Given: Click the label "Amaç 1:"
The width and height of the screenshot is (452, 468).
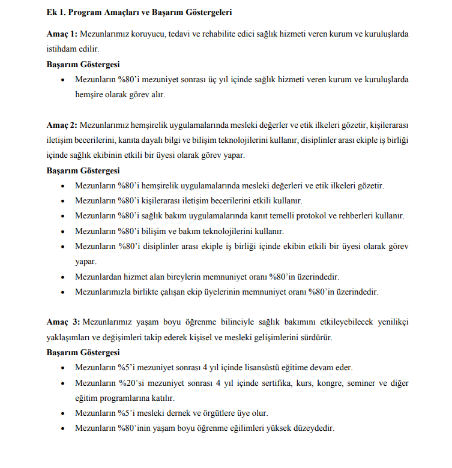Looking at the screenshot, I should (62, 34).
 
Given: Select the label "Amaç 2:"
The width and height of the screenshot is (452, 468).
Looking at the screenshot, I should (62, 125).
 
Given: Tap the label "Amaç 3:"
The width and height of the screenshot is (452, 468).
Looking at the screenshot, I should (62, 322).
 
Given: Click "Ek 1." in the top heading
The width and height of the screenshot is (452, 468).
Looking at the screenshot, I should (56, 11).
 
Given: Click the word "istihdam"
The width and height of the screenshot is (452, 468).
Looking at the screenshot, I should (62, 49).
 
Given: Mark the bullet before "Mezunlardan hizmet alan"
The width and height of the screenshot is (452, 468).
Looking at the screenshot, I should (64, 277).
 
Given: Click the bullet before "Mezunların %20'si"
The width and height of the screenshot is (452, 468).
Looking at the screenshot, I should (64, 383).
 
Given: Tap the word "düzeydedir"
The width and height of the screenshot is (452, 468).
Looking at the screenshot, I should (313, 428).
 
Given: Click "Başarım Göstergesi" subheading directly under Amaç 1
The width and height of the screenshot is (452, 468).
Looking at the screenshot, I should (83, 64).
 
